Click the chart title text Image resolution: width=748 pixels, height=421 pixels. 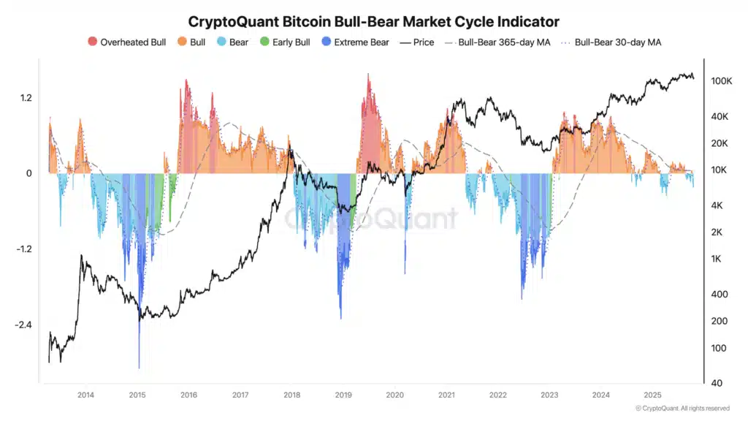click(x=374, y=22)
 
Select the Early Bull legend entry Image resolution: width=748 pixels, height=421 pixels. click(x=285, y=42)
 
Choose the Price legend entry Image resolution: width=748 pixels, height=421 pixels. click(x=417, y=42)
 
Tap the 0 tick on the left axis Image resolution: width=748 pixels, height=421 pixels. click(x=29, y=173)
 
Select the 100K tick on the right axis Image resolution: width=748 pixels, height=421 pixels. click(x=721, y=81)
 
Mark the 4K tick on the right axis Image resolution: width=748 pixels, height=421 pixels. click(x=717, y=206)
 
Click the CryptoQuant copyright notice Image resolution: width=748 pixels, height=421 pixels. click(x=682, y=408)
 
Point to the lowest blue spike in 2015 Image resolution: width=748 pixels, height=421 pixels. click(x=139, y=365)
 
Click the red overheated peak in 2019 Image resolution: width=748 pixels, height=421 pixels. click(x=368, y=77)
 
